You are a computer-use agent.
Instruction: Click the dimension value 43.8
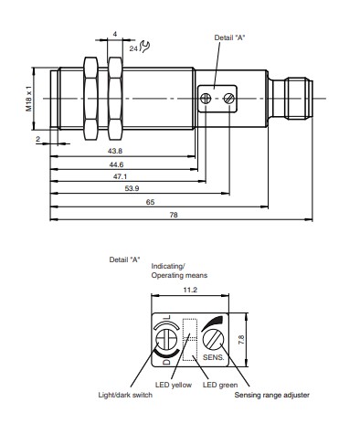click(x=115, y=151)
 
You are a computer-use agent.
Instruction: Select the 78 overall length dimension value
click(x=174, y=215)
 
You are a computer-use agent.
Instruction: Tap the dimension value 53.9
click(x=132, y=188)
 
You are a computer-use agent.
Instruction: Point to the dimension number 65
click(x=150, y=202)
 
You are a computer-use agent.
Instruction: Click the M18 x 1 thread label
click(x=29, y=99)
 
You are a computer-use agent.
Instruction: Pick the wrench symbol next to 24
click(x=144, y=47)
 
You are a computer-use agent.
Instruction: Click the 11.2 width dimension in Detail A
click(x=190, y=290)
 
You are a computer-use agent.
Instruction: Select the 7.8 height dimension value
click(x=241, y=340)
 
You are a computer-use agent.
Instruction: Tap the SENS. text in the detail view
click(x=213, y=357)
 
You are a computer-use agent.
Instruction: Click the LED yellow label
click(x=174, y=385)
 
